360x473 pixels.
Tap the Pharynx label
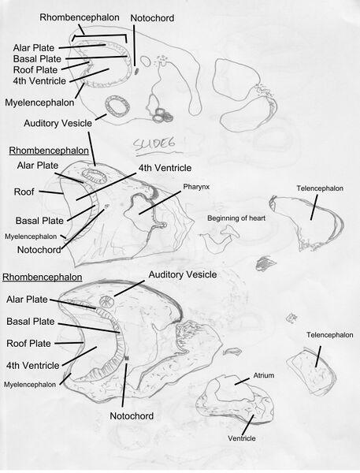coord(195,187)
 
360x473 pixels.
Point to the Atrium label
coord(263,376)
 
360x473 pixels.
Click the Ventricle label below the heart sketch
coord(243,438)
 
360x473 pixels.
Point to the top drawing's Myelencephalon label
coord(39,102)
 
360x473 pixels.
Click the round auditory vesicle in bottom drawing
coord(106,302)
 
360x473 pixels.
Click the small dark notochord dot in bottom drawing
coord(126,359)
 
